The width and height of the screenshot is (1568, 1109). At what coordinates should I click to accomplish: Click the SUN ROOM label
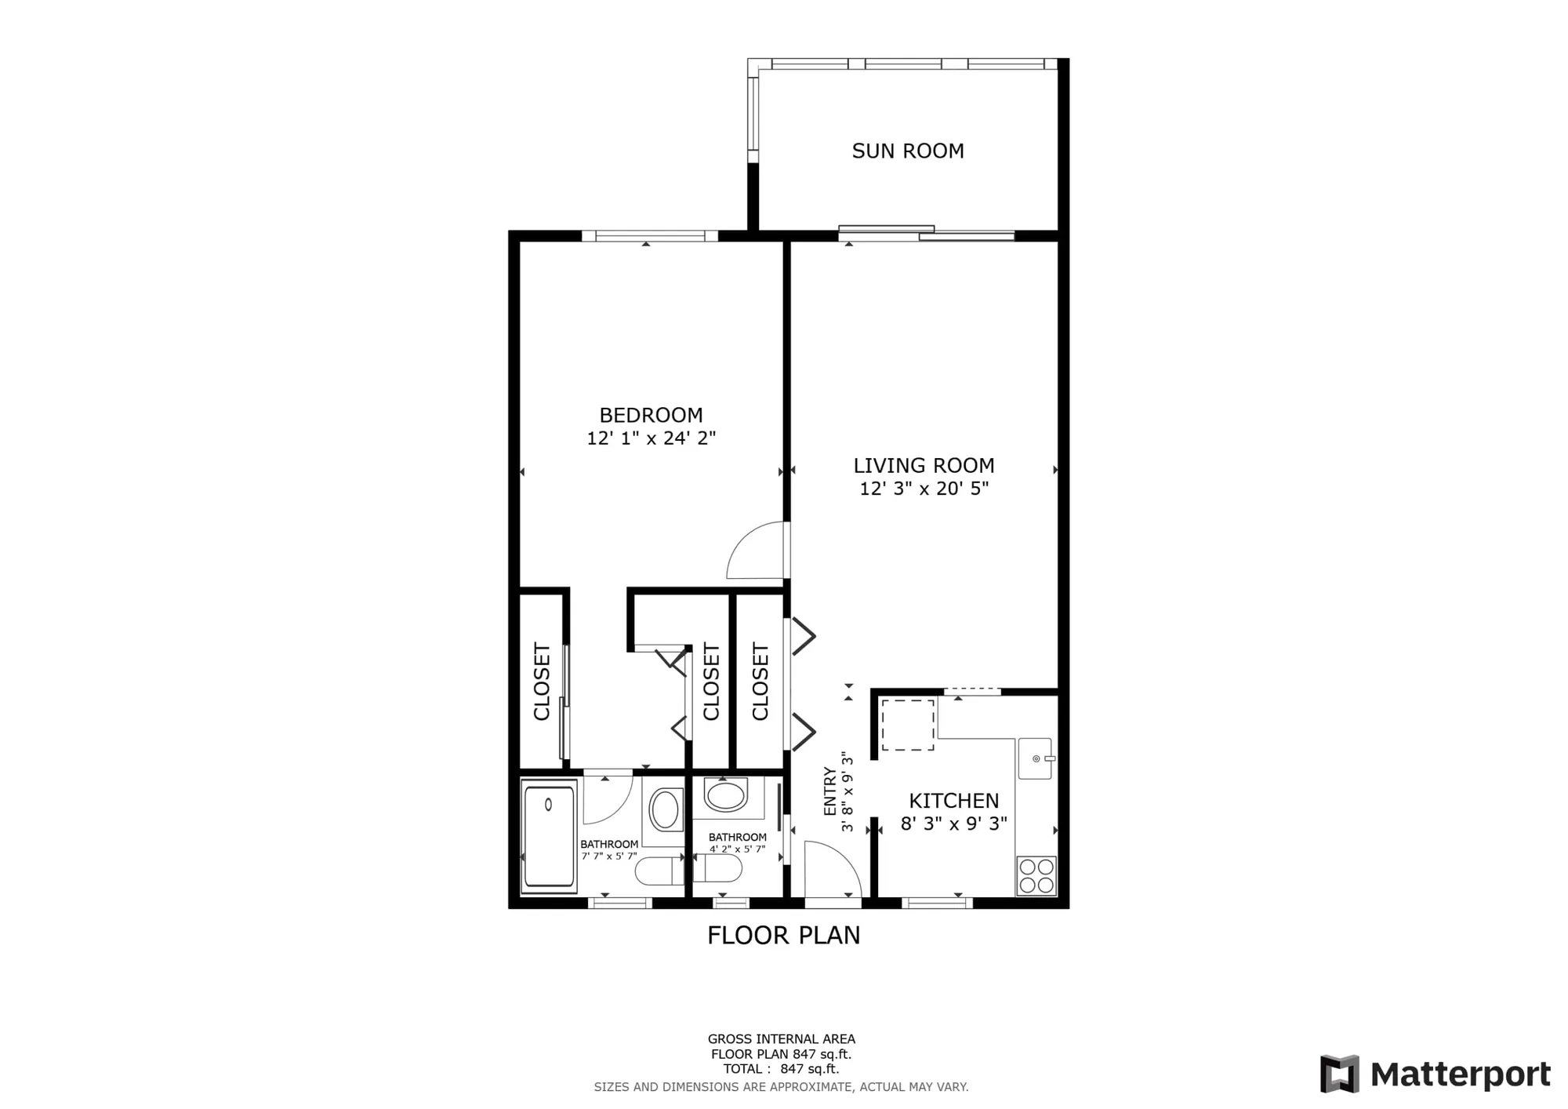[908, 151]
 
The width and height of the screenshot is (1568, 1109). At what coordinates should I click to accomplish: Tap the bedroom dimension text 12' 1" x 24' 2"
[651, 438]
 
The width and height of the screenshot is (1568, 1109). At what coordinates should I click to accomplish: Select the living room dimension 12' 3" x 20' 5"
[924, 489]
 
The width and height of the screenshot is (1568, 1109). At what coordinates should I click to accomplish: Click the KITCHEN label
[953, 801]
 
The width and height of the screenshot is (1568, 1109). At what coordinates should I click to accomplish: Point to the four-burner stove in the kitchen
[1036, 876]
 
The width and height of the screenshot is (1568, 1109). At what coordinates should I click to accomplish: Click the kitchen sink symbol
[1036, 758]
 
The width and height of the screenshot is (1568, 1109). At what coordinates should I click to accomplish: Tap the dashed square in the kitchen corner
[908, 725]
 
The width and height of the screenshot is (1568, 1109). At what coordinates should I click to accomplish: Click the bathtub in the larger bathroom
[549, 836]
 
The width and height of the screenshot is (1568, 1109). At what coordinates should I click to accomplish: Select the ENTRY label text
[830, 791]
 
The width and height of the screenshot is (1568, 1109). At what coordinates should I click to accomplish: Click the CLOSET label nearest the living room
[760, 682]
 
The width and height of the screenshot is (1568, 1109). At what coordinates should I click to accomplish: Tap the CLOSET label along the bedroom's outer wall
[542, 682]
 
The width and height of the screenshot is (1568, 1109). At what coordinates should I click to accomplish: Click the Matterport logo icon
[1339, 1074]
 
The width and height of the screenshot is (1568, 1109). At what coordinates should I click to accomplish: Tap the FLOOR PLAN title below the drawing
[783, 936]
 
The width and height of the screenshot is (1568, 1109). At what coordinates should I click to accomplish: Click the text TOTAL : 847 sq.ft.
[781, 1069]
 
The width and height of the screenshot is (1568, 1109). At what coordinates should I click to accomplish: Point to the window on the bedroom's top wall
[649, 235]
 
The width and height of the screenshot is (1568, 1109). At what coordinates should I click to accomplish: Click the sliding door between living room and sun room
[927, 232]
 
